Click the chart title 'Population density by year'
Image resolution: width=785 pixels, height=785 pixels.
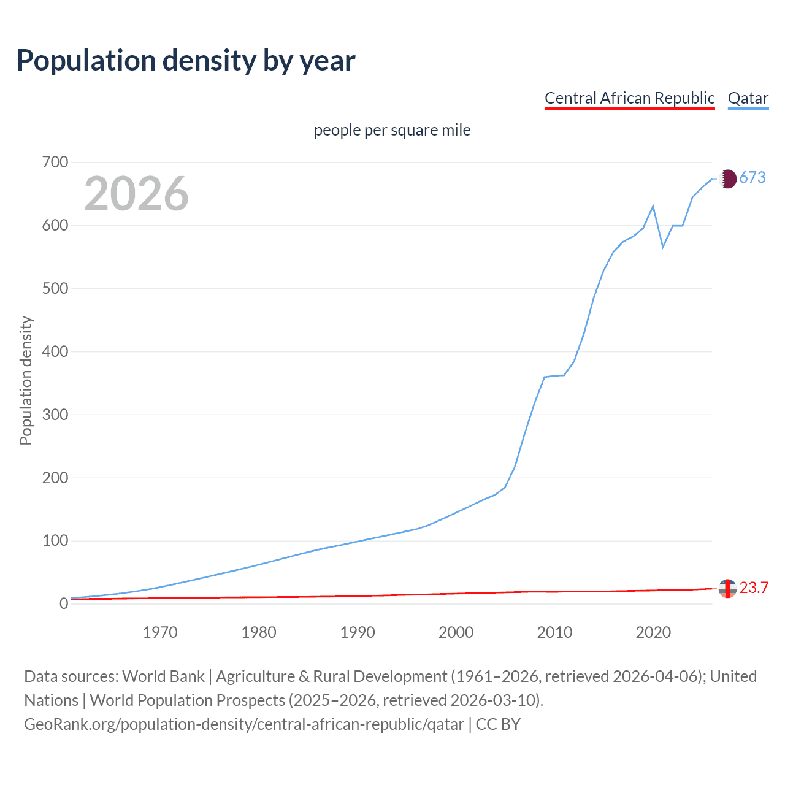point(186,61)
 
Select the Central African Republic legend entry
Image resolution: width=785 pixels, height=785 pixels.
point(629,98)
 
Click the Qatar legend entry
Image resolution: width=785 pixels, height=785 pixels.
point(748,98)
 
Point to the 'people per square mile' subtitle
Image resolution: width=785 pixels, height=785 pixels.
point(392,130)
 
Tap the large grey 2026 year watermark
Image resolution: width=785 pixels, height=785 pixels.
point(136,194)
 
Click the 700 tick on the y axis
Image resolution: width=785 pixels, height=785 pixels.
point(55,163)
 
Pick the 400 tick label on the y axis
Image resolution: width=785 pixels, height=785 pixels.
point(55,352)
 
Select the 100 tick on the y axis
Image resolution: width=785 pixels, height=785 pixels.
point(55,541)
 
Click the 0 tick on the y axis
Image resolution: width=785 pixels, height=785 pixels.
point(64,604)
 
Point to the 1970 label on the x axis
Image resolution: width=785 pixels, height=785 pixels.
point(160,632)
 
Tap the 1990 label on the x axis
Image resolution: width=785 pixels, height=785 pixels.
point(358,632)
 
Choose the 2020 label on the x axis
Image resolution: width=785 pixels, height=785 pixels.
point(653,632)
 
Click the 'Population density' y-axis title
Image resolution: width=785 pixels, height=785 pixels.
point(26,380)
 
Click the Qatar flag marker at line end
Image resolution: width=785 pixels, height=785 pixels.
point(727,178)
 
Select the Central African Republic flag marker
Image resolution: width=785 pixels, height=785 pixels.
point(727,588)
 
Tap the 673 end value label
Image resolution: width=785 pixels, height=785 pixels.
point(752,178)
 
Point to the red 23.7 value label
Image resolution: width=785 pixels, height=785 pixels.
point(754,588)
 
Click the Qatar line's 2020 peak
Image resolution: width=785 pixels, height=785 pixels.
point(653,206)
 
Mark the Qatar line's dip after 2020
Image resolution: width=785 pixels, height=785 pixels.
point(663,247)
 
